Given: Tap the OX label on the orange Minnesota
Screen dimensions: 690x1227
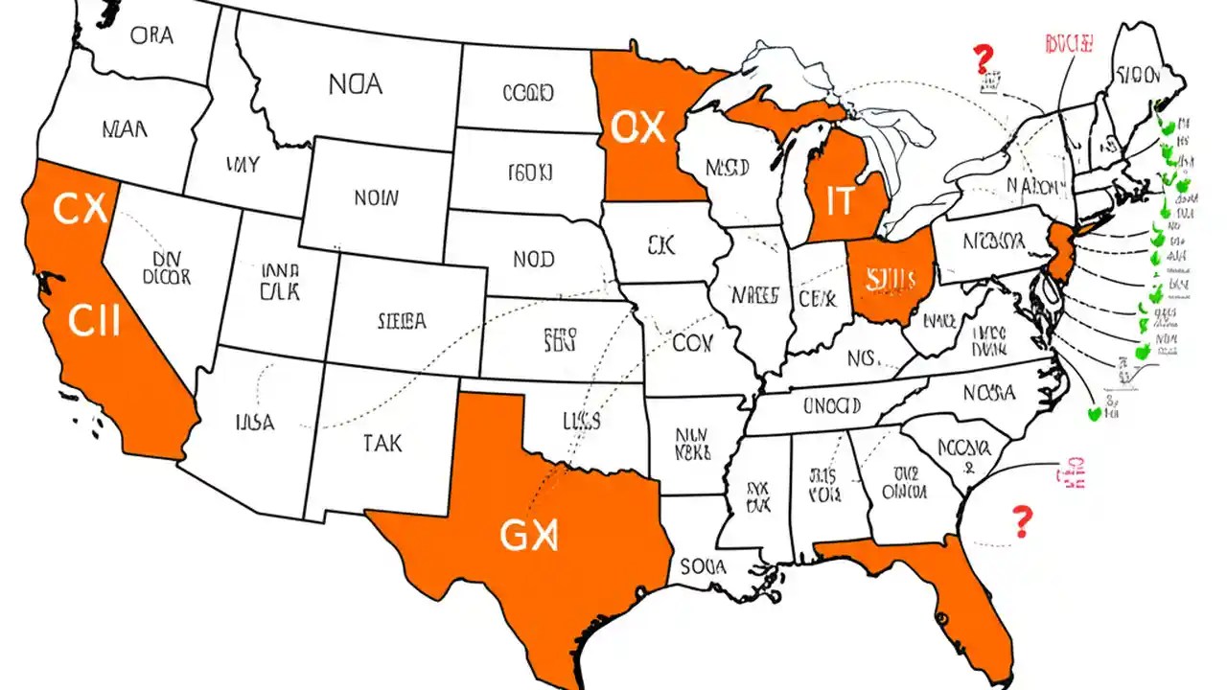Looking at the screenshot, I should click(x=637, y=126).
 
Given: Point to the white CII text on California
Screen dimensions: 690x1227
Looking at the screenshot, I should click(x=94, y=321).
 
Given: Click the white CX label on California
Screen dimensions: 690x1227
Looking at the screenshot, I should click(x=80, y=209).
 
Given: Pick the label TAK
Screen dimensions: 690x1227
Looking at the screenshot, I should click(x=382, y=443).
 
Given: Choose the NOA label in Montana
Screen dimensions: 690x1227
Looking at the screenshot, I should click(x=355, y=84).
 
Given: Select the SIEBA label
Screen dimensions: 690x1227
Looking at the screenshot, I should click(x=402, y=322).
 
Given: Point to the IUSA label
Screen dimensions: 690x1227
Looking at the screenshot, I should click(x=254, y=421).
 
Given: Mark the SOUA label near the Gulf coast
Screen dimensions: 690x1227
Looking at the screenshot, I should click(x=703, y=566).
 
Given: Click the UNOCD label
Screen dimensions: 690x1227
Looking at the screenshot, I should click(x=832, y=405).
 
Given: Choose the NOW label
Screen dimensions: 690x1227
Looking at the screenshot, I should click(x=375, y=199).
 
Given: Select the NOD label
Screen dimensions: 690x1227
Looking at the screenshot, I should click(x=533, y=259).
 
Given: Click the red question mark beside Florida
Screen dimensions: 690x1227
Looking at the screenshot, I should click(x=1023, y=522).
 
